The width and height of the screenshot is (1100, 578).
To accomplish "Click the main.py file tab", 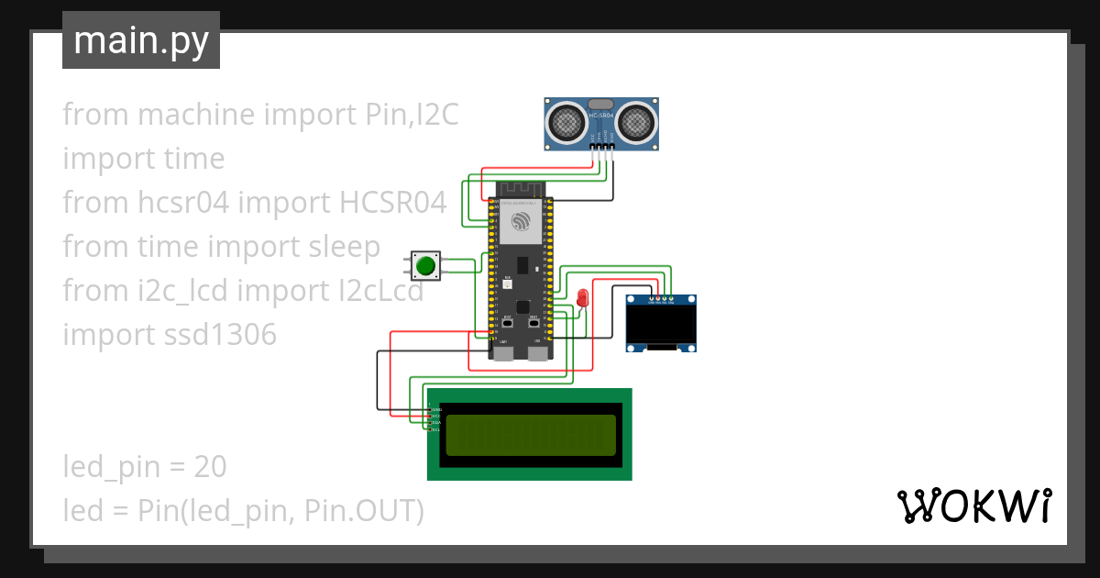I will pyautogui.click(x=140, y=40).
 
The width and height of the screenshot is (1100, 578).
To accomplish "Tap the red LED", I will pyautogui.click(x=582, y=297).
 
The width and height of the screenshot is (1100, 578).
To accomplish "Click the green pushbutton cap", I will pyautogui.click(x=425, y=266).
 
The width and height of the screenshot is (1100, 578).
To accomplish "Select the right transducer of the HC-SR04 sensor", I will pyautogui.click(x=634, y=121).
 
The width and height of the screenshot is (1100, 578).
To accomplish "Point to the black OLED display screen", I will pyautogui.click(x=661, y=322).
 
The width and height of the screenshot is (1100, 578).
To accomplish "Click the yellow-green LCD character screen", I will pyautogui.click(x=530, y=435).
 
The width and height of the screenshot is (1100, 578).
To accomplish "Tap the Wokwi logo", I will pyautogui.click(x=973, y=506).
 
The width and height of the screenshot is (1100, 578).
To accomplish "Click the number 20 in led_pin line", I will pyautogui.click(x=210, y=467).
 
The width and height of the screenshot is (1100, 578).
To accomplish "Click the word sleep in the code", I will pyautogui.click(x=342, y=247).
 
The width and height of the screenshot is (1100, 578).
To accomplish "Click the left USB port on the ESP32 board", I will pyautogui.click(x=504, y=351).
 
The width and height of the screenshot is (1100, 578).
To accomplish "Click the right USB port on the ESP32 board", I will pyautogui.click(x=537, y=351).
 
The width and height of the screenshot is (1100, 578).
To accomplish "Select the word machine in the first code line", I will pyautogui.click(x=196, y=115).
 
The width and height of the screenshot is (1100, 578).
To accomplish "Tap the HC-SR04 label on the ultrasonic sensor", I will pyautogui.click(x=601, y=116).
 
